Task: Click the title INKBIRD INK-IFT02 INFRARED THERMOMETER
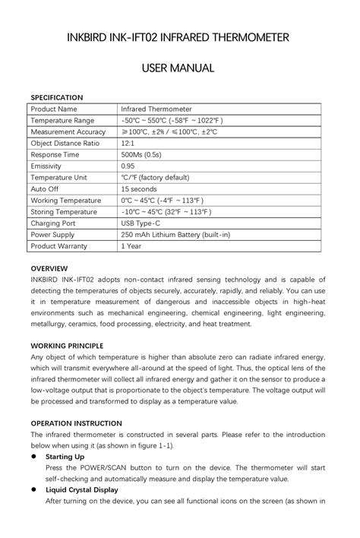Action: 179,37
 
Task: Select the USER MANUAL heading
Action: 179,69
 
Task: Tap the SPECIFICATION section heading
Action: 56,97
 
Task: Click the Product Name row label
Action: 54,109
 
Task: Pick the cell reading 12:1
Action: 128,143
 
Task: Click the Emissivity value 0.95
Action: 128,166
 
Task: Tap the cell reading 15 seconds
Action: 139,188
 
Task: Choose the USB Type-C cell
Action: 142,223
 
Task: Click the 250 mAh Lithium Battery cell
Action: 175,235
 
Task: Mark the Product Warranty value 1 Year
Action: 131,246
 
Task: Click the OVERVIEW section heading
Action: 49,268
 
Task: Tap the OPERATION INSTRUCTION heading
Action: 76,422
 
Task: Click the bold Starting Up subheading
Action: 65,457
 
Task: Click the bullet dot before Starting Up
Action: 34,457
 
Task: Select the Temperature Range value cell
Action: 170,120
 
